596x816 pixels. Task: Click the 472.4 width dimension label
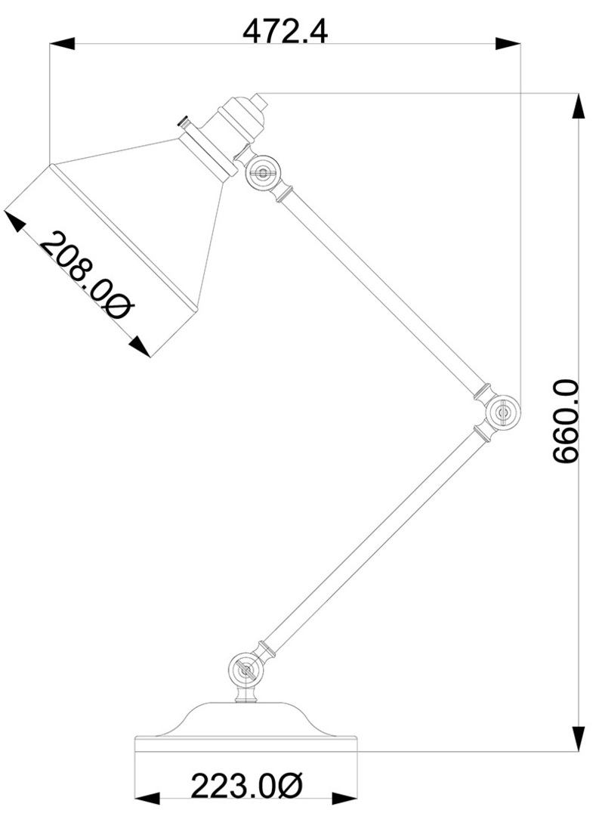pos(285,32)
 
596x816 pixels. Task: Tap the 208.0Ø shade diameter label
pos(87,275)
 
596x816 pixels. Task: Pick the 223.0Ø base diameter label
pos(247,786)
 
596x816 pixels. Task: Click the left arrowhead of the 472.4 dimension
pos(62,44)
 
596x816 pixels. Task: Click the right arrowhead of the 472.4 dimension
pos(508,44)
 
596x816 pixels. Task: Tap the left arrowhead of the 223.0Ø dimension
pos(147,799)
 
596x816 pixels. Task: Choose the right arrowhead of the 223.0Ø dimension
pos(344,799)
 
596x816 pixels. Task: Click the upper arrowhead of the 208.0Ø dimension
pos(14,221)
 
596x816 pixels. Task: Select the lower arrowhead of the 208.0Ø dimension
pos(140,347)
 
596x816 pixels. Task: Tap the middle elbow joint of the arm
pos(502,413)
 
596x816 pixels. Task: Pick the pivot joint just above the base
pos(246,669)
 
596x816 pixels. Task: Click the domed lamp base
pos(246,727)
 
